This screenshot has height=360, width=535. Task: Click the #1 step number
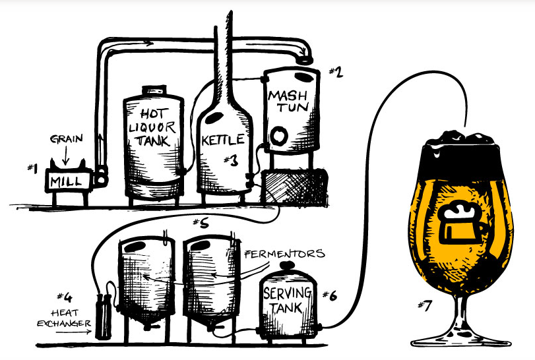coord(31,168)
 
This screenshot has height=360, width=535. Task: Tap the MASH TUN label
coord(288,102)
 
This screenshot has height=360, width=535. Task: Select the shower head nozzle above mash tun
coord(304,59)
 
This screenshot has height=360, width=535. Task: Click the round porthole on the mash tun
coord(280,137)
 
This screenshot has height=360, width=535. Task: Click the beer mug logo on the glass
coord(461,224)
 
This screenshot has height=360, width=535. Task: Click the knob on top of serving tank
coord(286,265)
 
